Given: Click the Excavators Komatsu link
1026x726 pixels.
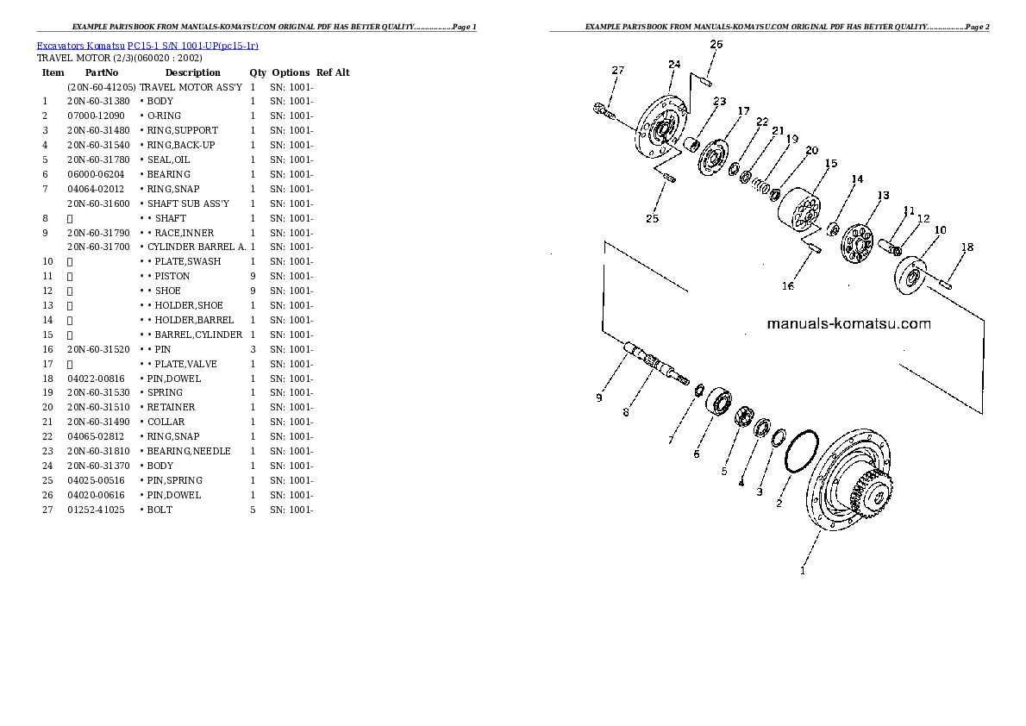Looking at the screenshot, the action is [x=80, y=46].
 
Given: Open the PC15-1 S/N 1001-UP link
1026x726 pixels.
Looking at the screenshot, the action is [x=193, y=46].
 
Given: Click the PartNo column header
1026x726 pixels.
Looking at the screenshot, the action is [x=102, y=72].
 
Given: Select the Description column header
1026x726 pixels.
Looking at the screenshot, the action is [x=192, y=72].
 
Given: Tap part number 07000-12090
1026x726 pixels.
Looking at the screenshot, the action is [x=96, y=116].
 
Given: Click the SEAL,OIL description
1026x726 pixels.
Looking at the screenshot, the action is [x=168, y=160].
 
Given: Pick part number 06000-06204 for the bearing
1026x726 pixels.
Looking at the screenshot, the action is [x=96, y=174].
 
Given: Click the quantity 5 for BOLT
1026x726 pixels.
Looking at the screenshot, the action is [x=253, y=510].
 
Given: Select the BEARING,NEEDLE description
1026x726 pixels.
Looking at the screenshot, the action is [x=189, y=451].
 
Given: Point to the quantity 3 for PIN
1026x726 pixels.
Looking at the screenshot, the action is [x=253, y=349].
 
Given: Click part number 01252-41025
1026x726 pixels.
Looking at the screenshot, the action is [x=96, y=510].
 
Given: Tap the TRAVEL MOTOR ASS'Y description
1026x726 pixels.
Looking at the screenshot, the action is [x=191, y=87].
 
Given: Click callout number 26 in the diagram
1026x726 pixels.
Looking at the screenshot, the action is [x=716, y=45].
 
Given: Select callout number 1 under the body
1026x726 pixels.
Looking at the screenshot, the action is [x=803, y=571].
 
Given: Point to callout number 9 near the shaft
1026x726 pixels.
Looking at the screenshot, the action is [x=598, y=397].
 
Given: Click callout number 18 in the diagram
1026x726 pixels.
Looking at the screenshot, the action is [x=967, y=247].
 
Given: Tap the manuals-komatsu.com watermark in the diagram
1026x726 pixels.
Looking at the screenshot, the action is [x=848, y=323].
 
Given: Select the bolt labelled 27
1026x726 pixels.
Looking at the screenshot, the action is [x=604, y=111].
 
